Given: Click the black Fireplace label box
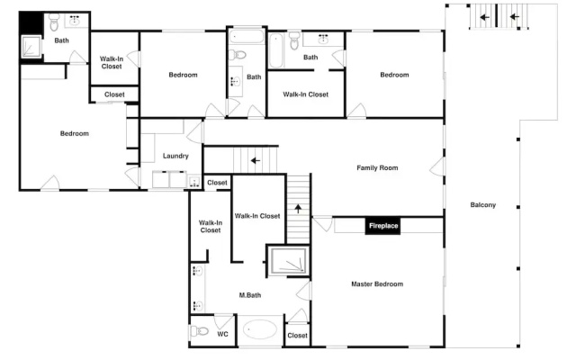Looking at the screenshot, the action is (382, 226).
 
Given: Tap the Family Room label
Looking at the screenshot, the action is (377, 168).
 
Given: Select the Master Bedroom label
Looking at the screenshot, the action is (377, 284).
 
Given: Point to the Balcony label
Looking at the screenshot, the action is (483, 205).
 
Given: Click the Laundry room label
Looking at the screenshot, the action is (175, 156).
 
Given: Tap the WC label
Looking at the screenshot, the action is (222, 334).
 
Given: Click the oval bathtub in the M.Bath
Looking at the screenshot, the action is (260, 329).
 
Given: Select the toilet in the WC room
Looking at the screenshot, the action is (200, 331).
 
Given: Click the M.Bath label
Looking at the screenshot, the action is (250, 295).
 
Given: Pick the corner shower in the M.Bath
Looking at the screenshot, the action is (288, 260).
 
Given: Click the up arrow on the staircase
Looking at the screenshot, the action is (298, 209).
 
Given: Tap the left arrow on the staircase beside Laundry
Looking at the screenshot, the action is (256, 160).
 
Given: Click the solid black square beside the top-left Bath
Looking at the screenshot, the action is (31, 22).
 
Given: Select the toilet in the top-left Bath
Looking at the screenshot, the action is (54, 22).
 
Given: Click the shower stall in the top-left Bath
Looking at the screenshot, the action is (31, 46).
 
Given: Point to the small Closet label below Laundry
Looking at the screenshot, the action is (217, 183).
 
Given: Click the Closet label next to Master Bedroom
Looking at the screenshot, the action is (297, 336).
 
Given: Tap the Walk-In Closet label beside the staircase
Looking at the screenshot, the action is (257, 216).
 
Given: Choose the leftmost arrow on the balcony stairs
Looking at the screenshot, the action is (484, 17).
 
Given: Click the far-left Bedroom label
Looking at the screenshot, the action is (74, 133).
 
